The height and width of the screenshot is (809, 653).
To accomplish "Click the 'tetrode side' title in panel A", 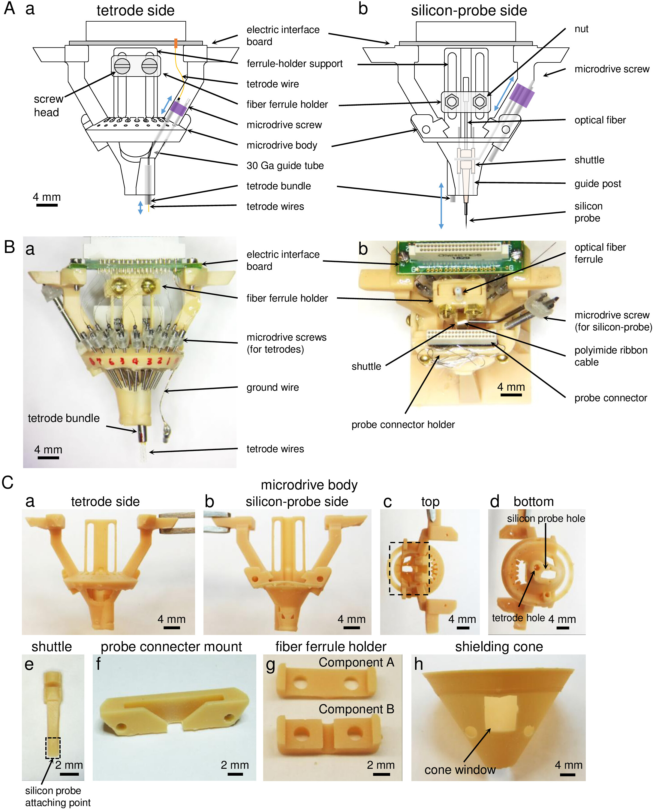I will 135,11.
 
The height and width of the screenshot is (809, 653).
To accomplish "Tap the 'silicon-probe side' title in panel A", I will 469,11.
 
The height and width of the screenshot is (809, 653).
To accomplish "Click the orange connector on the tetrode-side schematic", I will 176,43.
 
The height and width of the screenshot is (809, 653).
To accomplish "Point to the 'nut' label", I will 581,29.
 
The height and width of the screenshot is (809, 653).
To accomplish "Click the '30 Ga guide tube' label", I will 285,165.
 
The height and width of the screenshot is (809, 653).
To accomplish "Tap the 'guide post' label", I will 597,184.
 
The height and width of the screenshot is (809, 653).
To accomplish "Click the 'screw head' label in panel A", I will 48,106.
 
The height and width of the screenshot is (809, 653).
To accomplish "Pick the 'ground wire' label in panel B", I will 272,387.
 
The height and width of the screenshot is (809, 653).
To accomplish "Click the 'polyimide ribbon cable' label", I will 610,356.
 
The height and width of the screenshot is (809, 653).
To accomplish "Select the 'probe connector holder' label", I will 403,425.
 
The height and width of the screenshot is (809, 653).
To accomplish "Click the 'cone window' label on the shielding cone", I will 460,769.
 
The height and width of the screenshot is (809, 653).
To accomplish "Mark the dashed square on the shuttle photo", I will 53,748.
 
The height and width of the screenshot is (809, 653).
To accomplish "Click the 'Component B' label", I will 356,709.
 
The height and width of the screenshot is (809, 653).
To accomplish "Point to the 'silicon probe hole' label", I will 546,518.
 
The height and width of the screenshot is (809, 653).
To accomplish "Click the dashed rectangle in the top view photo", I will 409,568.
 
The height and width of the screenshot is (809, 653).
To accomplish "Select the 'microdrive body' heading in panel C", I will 309,485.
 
